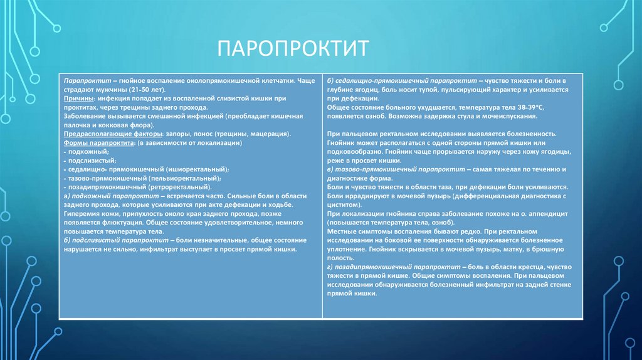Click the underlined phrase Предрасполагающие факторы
point(110,134)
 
